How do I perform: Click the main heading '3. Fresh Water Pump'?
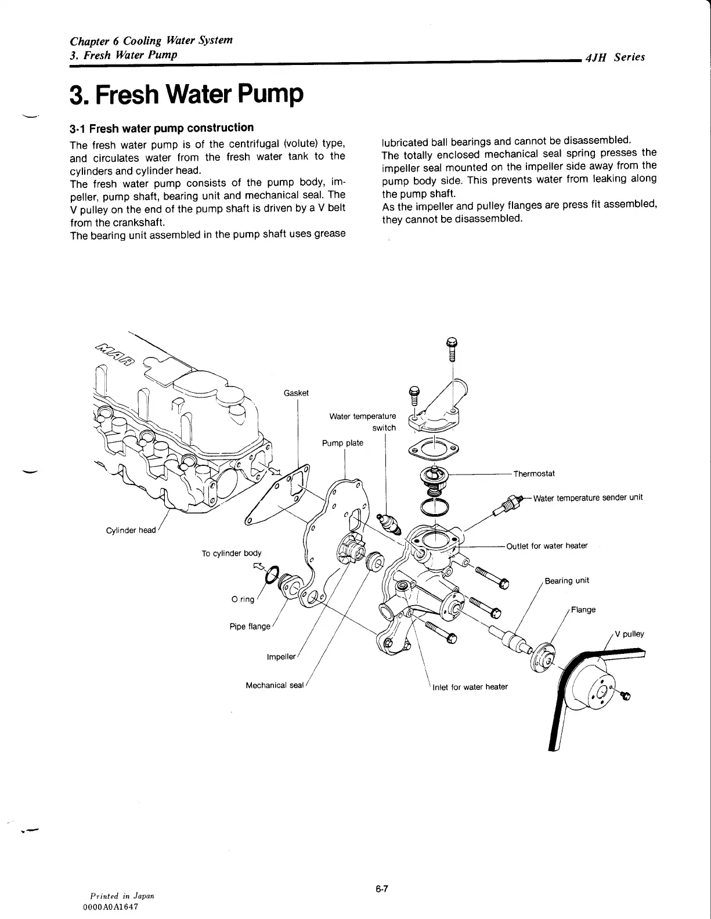click(186, 94)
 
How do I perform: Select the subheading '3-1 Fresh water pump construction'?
click(161, 128)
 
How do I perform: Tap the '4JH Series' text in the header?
click(615, 57)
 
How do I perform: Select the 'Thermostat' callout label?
click(534, 473)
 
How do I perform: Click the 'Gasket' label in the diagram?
click(296, 393)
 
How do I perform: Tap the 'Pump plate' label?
click(342, 443)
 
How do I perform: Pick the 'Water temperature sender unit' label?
click(587, 498)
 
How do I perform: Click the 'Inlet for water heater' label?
click(470, 687)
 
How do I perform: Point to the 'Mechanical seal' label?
click(275, 685)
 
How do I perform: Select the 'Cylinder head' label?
click(131, 530)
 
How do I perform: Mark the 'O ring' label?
click(243, 599)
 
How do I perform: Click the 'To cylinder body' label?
click(231, 553)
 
